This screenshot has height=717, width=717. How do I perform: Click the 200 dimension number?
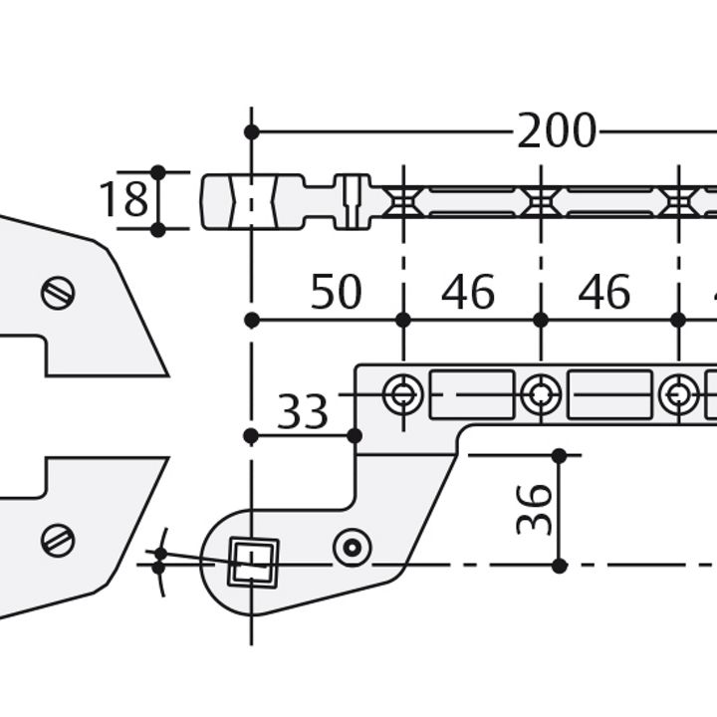click(x=556, y=131)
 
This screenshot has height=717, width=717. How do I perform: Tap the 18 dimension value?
click(x=123, y=200)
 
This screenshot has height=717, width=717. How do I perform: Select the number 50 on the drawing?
click(x=336, y=293)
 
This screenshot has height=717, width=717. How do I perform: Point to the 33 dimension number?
click(x=302, y=411)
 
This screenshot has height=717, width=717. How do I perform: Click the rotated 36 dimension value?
click(x=535, y=509)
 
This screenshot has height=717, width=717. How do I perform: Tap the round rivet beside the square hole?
click(x=352, y=546)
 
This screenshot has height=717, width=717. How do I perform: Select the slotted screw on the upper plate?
click(x=58, y=293)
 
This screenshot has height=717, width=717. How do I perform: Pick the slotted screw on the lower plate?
click(x=58, y=540)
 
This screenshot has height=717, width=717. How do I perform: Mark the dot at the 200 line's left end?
click(x=252, y=131)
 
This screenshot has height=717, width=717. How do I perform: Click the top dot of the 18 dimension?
click(x=157, y=172)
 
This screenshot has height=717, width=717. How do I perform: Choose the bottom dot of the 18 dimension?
click(x=157, y=229)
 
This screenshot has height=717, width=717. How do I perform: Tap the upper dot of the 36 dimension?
click(x=559, y=455)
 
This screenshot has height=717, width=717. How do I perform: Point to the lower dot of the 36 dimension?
click(x=559, y=566)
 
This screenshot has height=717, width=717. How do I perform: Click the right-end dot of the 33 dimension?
click(x=355, y=435)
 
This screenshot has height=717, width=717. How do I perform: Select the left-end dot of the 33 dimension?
click(x=252, y=435)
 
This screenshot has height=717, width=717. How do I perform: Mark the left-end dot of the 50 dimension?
click(x=252, y=320)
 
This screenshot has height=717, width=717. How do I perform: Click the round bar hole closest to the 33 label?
click(x=402, y=394)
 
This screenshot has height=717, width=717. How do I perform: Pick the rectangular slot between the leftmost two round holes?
click(x=471, y=394)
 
